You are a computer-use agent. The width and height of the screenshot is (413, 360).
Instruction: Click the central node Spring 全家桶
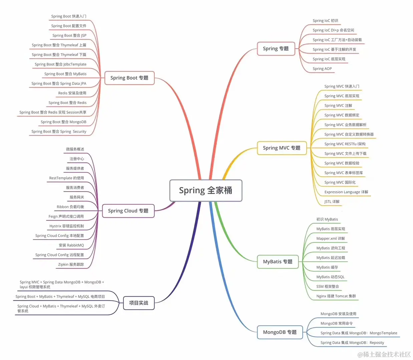tap(205, 190)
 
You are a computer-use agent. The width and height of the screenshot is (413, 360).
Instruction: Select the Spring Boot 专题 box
tap(129, 78)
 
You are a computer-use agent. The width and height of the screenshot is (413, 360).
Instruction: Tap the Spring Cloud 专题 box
tap(128, 211)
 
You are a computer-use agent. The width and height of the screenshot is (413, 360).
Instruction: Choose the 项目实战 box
tap(138, 303)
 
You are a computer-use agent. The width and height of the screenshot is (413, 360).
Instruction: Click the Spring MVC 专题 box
tap(282, 148)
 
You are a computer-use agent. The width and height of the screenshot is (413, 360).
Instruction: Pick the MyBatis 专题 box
tap(278, 262)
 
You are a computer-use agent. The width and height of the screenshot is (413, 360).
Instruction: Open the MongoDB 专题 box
tap(280, 332)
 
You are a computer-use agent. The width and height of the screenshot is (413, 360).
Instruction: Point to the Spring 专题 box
tap(276, 49)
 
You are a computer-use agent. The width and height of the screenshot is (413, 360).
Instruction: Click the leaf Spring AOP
tap(322, 69)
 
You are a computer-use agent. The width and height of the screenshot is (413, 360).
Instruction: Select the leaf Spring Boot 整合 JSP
tap(69, 35)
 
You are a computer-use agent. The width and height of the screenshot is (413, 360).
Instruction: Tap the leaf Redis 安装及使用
tap(72, 93)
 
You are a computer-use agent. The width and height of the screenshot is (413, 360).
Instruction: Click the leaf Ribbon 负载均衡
tap(70, 207)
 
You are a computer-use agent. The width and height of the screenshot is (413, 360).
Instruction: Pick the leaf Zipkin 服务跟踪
tap(71, 264)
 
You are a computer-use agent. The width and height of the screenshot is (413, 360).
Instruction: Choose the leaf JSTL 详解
tap(332, 202)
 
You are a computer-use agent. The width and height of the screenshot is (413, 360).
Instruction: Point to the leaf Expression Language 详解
tap(346, 192)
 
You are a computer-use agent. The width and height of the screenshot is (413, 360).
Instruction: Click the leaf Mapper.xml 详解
tap(331, 238)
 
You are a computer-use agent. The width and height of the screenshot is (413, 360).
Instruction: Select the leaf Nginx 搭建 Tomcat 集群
tap(336, 296)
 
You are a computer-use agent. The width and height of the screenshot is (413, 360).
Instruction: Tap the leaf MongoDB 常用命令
tap(337, 323)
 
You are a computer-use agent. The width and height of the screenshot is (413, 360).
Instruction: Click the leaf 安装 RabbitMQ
tap(71, 245)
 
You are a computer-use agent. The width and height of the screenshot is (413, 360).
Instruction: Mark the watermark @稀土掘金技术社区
tap(384, 354)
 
